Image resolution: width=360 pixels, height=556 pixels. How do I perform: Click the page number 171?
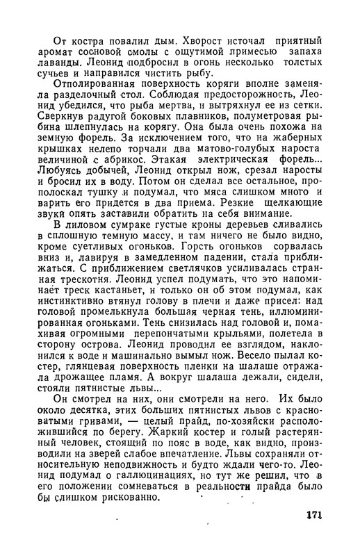[316, 518]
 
